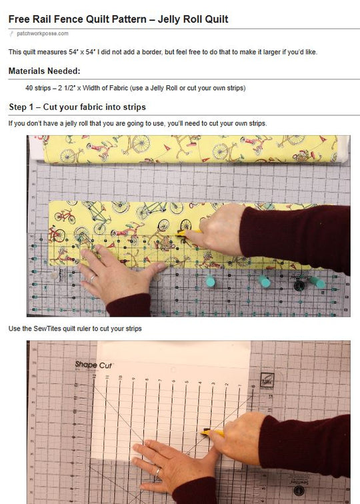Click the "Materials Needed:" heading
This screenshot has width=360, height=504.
45,71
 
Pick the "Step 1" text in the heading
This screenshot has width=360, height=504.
25,107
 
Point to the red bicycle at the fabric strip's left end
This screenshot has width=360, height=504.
64,216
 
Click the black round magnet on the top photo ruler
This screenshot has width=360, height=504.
299,286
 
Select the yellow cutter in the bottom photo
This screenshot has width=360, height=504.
212,432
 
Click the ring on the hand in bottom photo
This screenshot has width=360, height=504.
157,473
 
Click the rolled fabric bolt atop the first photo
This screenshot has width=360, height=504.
190,150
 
